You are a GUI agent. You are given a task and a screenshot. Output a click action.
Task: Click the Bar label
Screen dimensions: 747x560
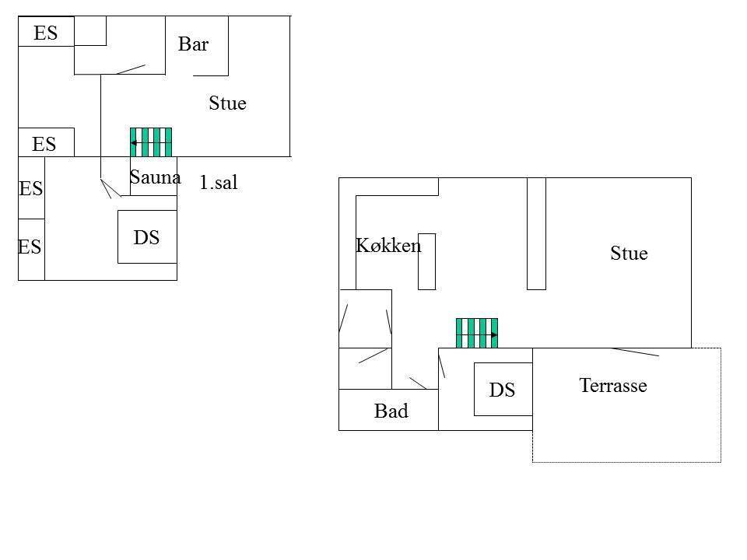pyautogui.click(x=194, y=44)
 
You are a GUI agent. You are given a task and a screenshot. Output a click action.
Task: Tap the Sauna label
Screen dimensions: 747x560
pyautogui.click(x=156, y=177)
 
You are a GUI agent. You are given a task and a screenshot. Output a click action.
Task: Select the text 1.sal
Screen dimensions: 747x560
pyautogui.click(x=218, y=182)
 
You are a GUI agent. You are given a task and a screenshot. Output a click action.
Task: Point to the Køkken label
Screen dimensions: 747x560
pyautogui.click(x=388, y=245)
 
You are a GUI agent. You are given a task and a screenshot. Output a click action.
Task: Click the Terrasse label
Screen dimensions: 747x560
pyautogui.click(x=613, y=385)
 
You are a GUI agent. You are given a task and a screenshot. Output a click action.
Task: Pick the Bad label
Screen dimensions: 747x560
pyautogui.click(x=391, y=411)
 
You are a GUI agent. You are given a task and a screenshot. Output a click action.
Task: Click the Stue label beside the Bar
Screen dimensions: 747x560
pyautogui.click(x=228, y=103)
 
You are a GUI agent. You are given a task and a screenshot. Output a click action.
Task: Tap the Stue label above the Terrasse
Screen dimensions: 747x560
pyautogui.click(x=629, y=253)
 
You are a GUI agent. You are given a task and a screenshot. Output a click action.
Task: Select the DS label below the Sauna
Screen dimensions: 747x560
pyautogui.click(x=146, y=237)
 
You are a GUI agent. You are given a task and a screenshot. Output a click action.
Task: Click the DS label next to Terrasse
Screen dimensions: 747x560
pyautogui.click(x=502, y=390)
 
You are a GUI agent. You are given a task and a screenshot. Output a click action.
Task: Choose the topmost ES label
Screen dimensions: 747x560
pyautogui.click(x=46, y=33)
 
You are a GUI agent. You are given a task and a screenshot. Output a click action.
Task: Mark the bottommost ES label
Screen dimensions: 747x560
pyautogui.click(x=30, y=247)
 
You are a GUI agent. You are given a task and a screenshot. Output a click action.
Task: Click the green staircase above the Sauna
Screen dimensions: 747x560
pyautogui.click(x=151, y=142)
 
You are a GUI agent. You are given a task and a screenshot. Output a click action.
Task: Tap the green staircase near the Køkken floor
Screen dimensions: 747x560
pyautogui.click(x=477, y=334)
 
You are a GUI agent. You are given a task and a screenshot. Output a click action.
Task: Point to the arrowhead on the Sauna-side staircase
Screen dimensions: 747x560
pyautogui.click(x=134, y=143)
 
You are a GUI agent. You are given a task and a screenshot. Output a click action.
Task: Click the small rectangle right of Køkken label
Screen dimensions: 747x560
pyautogui.click(x=427, y=261)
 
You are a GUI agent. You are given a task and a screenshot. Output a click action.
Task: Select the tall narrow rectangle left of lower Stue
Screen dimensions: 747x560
pyautogui.click(x=536, y=233)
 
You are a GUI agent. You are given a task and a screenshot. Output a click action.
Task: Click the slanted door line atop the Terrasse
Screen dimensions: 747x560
pyautogui.click(x=635, y=352)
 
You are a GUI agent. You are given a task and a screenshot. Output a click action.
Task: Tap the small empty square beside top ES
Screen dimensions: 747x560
pyautogui.click(x=90, y=31)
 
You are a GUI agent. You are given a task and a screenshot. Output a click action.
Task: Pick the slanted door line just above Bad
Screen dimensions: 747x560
pyautogui.click(x=418, y=383)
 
